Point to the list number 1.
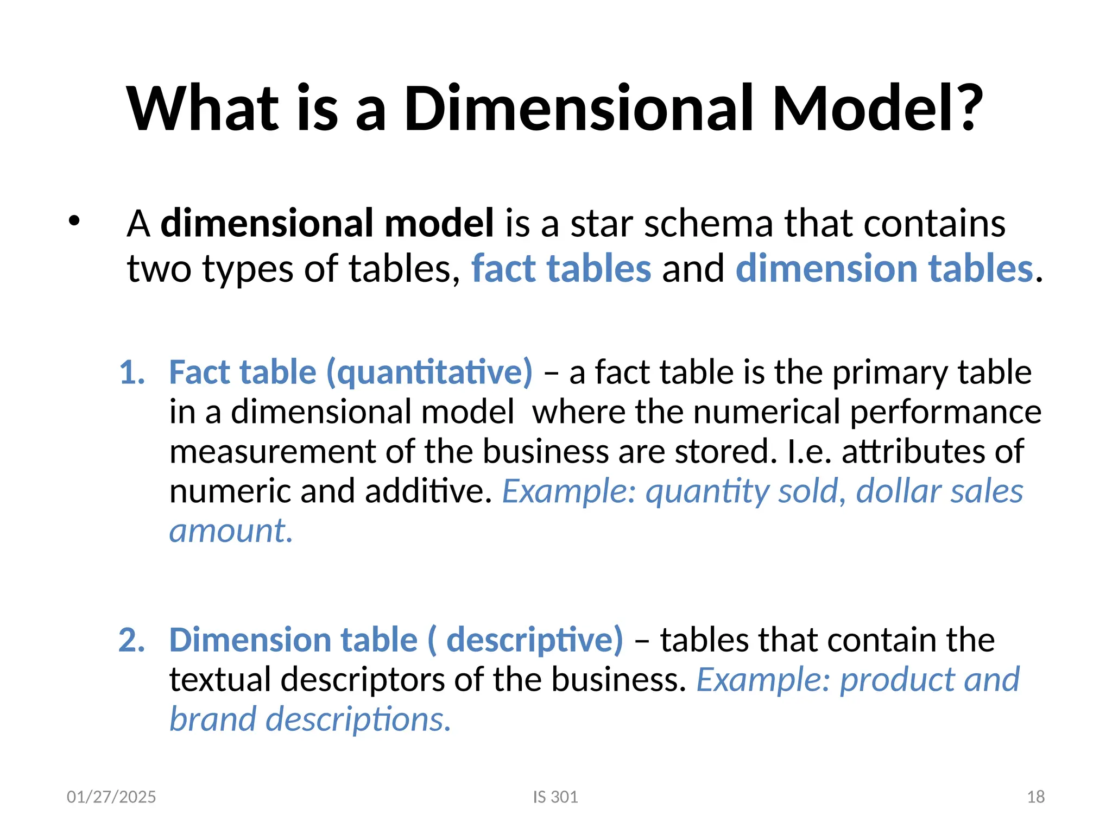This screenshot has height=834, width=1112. click(132, 373)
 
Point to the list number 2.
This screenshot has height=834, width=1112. click(132, 640)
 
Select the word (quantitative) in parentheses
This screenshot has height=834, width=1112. click(429, 373)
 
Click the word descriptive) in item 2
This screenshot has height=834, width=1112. click(535, 640)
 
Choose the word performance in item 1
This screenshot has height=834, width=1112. click(945, 412)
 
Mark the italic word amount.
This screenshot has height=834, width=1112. click(231, 531)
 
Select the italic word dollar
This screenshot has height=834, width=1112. click(896, 491)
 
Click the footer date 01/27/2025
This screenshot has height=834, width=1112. click(111, 797)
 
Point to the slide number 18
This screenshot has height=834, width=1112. click(1036, 797)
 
